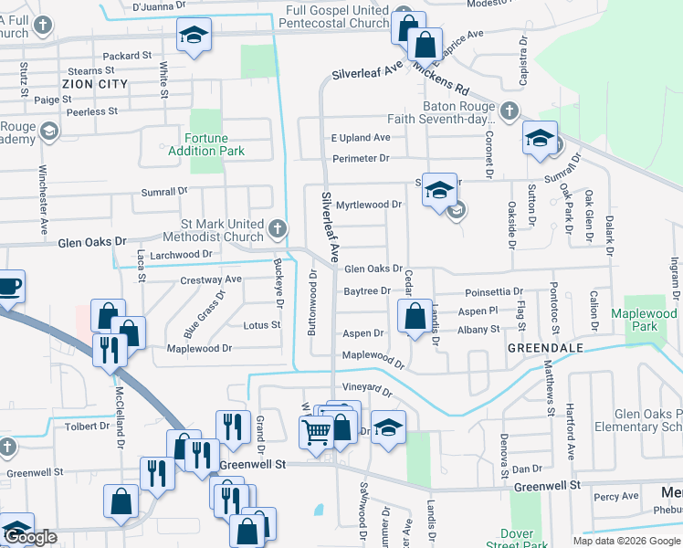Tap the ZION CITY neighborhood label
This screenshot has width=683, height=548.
(94, 84)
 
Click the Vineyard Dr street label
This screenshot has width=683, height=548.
(368, 392)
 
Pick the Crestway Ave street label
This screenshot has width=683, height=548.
(211, 279)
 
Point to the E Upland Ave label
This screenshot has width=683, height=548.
(360, 138)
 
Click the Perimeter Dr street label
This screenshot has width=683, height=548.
(360, 158)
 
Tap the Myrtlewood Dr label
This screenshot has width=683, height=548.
(369, 205)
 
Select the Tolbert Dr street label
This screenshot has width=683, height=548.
(87, 427)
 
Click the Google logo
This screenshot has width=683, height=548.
(31, 538)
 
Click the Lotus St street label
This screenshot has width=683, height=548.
(262, 325)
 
